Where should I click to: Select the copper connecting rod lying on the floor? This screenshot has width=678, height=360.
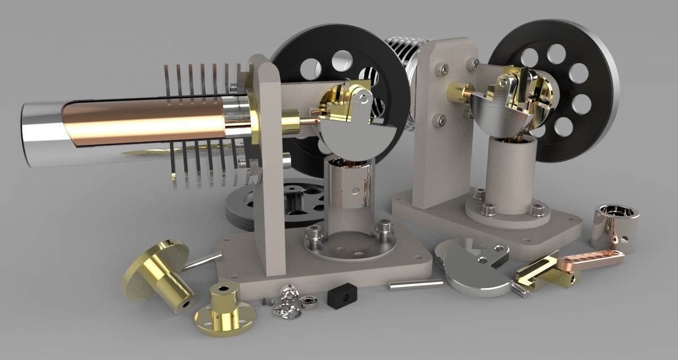pyautogui.click(x=595, y=259)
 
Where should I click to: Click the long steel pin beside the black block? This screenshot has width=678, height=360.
pyautogui.click(x=416, y=284)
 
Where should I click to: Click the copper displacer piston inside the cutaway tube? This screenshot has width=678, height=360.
pyautogui.click(x=148, y=120)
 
